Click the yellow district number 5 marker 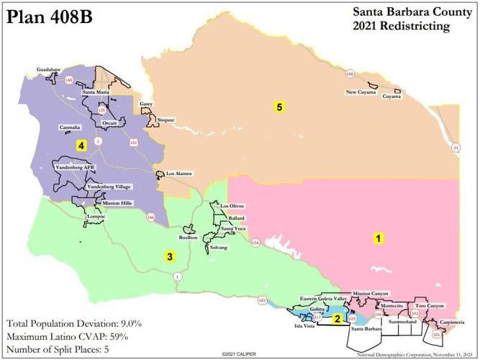[x=279, y=107]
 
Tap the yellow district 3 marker [x=170, y=256]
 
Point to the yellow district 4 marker [x=81, y=145]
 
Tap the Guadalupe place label [x=50, y=70]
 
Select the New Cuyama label [x=361, y=92]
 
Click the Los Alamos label [x=179, y=174]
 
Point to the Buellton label [x=189, y=237]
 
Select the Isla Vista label [x=305, y=325]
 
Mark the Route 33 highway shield [x=456, y=148]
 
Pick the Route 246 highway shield [x=150, y=217]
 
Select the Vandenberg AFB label [x=75, y=167]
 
